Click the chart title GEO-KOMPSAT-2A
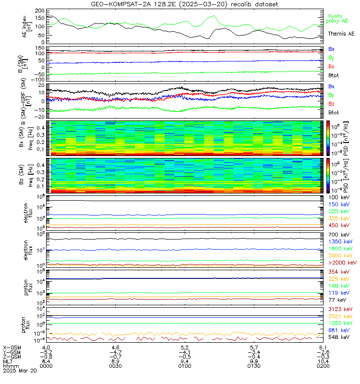[x=180, y=4]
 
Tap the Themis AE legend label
[x=341, y=34]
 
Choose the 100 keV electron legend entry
[x=337, y=197]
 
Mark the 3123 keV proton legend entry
[x=338, y=310]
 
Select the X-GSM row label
[x=11, y=347]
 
